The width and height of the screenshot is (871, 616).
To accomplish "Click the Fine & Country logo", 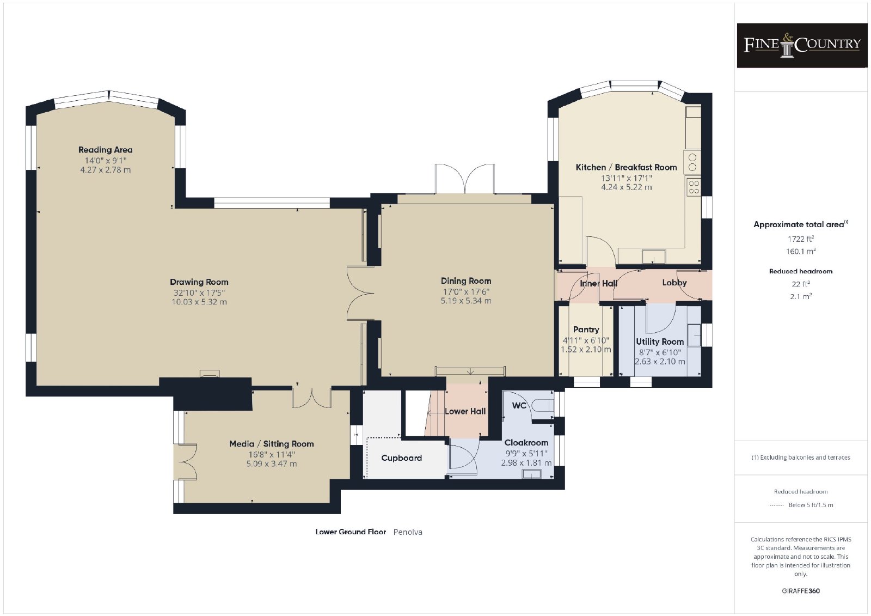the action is [x=802, y=46].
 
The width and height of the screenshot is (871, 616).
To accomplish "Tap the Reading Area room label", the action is [x=106, y=150].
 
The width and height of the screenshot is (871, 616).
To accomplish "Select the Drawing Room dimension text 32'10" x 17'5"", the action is [x=199, y=292].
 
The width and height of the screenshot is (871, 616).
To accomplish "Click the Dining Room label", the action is [x=466, y=281].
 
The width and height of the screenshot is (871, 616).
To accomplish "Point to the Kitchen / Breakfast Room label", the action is [x=626, y=167].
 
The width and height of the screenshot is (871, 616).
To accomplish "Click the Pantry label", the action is [x=586, y=330].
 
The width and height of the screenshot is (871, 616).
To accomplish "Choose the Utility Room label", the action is [x=660, y=341].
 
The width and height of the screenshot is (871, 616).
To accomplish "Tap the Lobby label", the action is [x=674, y=283].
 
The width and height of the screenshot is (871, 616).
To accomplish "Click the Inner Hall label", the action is [x=598, y=283].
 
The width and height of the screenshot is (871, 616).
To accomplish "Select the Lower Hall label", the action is [x=465, y=411].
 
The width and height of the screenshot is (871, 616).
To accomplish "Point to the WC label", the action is [x=519, y=405].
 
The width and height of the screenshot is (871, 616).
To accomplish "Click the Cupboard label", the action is [x=401, y=458].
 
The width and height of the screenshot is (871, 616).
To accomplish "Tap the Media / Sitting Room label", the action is [x=272, y=444].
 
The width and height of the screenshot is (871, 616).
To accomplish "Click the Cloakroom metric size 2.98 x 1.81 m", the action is [x=526, y=463].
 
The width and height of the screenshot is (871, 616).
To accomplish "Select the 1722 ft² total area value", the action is [x=801, y=239].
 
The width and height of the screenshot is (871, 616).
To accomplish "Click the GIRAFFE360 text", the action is [x=801, y=591].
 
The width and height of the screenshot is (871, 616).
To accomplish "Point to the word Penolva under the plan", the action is [x=408, y=532].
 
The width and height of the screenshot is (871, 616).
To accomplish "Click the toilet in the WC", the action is [x=544, y=405].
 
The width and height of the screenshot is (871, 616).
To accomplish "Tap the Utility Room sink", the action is [x=694, y=335].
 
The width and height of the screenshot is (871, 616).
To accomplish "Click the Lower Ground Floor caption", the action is [x=351, y=532].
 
